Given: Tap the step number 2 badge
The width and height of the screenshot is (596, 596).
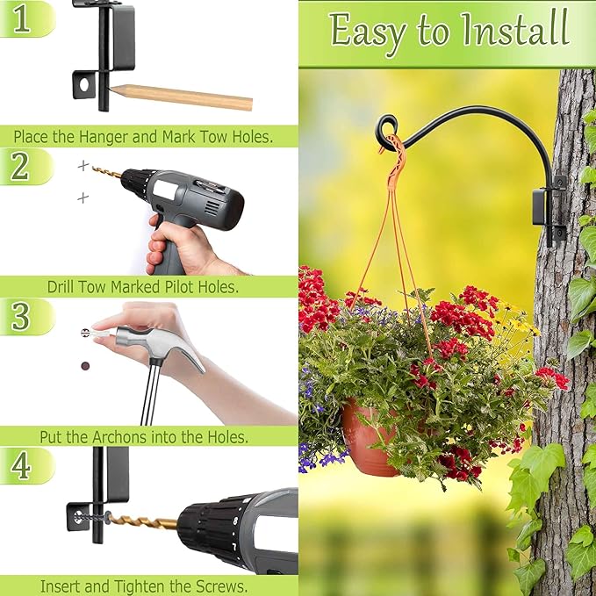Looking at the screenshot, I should tap(20, 166).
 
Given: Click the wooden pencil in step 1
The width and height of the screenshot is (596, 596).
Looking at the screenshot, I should tap(184, 96).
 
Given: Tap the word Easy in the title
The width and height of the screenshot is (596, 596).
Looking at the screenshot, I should tap(367, 32).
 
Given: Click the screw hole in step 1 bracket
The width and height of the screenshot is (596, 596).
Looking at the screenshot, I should tap(85, 87).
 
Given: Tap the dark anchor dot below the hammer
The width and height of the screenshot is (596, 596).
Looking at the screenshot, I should tap(85, 364).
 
